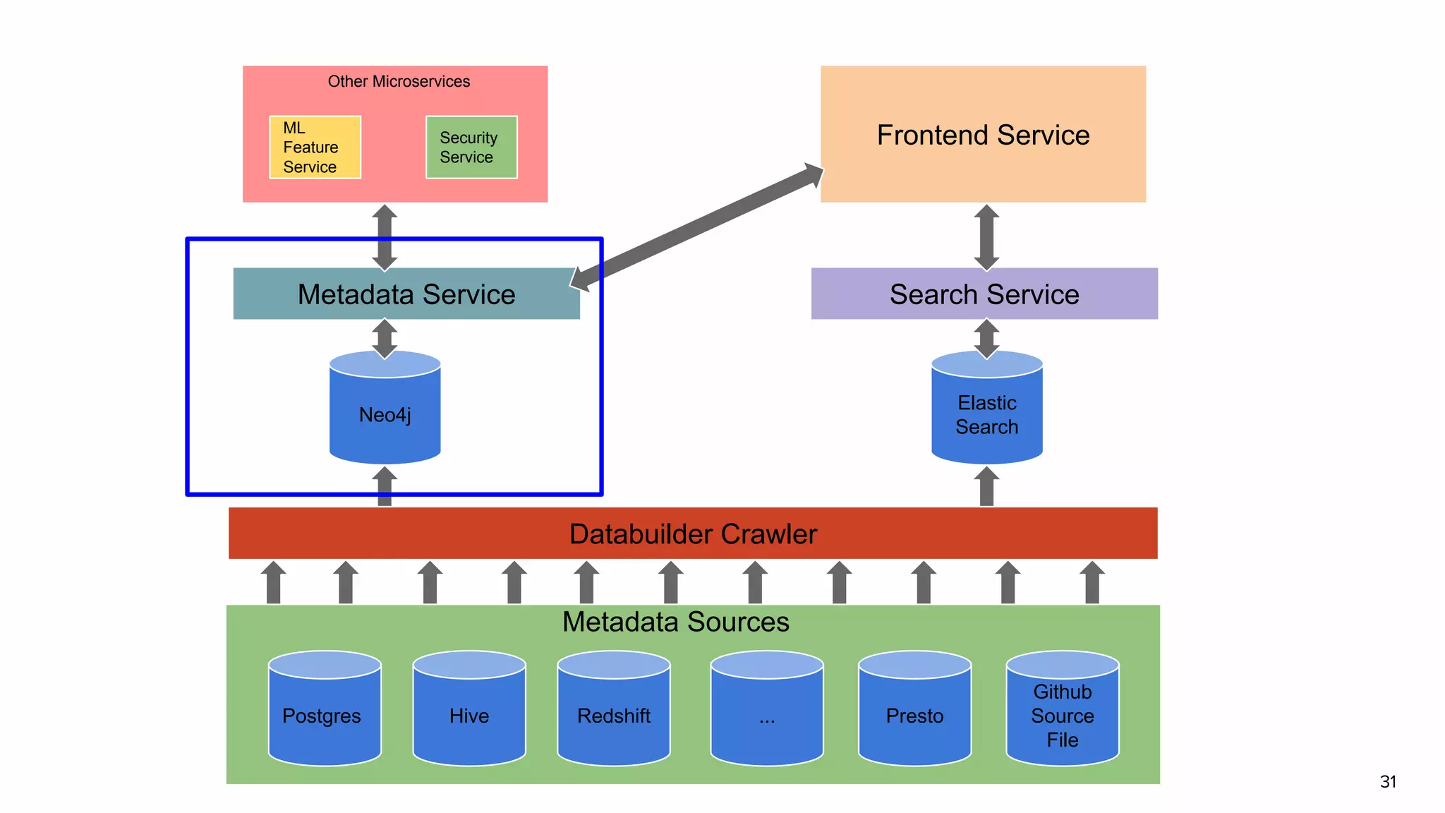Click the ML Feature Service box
(x=315, y=147)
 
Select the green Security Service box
(x=471, y=147)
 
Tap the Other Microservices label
(x=399, y=81)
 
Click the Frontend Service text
(x=983, y=135)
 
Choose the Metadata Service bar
(x=406, y=294)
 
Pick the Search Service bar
(x=984, y=294)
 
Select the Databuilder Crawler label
(x=693, y=534)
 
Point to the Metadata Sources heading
(x=675, y=622)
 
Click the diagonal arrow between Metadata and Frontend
(x=697, y=227)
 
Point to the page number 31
(x=1388, y=781)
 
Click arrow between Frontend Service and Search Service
(x=986, y=237)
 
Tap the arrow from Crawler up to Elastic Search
(x=986, y=487)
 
